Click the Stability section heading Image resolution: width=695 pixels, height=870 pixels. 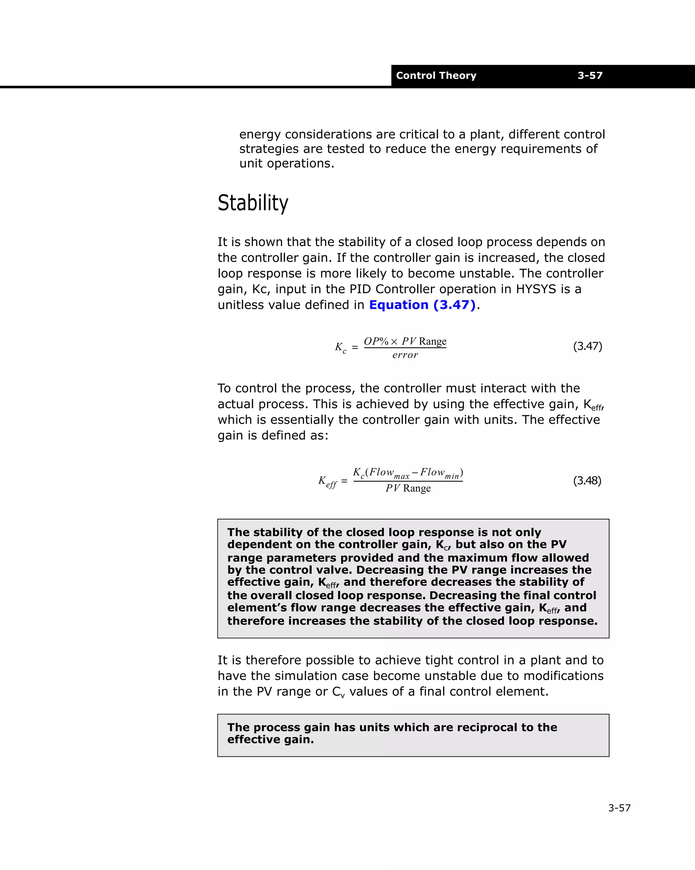[x=253, y=203]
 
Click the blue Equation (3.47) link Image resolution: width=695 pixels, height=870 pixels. [x=422, y=305]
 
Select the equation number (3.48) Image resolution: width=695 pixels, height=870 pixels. [x=587, y=480]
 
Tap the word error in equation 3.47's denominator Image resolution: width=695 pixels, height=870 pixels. [x=405, y=355]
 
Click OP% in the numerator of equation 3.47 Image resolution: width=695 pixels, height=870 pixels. [x=376, y=341]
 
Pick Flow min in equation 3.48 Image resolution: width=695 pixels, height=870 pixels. [x=440, y=473]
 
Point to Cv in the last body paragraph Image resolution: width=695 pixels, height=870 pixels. [x=338, y=692]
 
